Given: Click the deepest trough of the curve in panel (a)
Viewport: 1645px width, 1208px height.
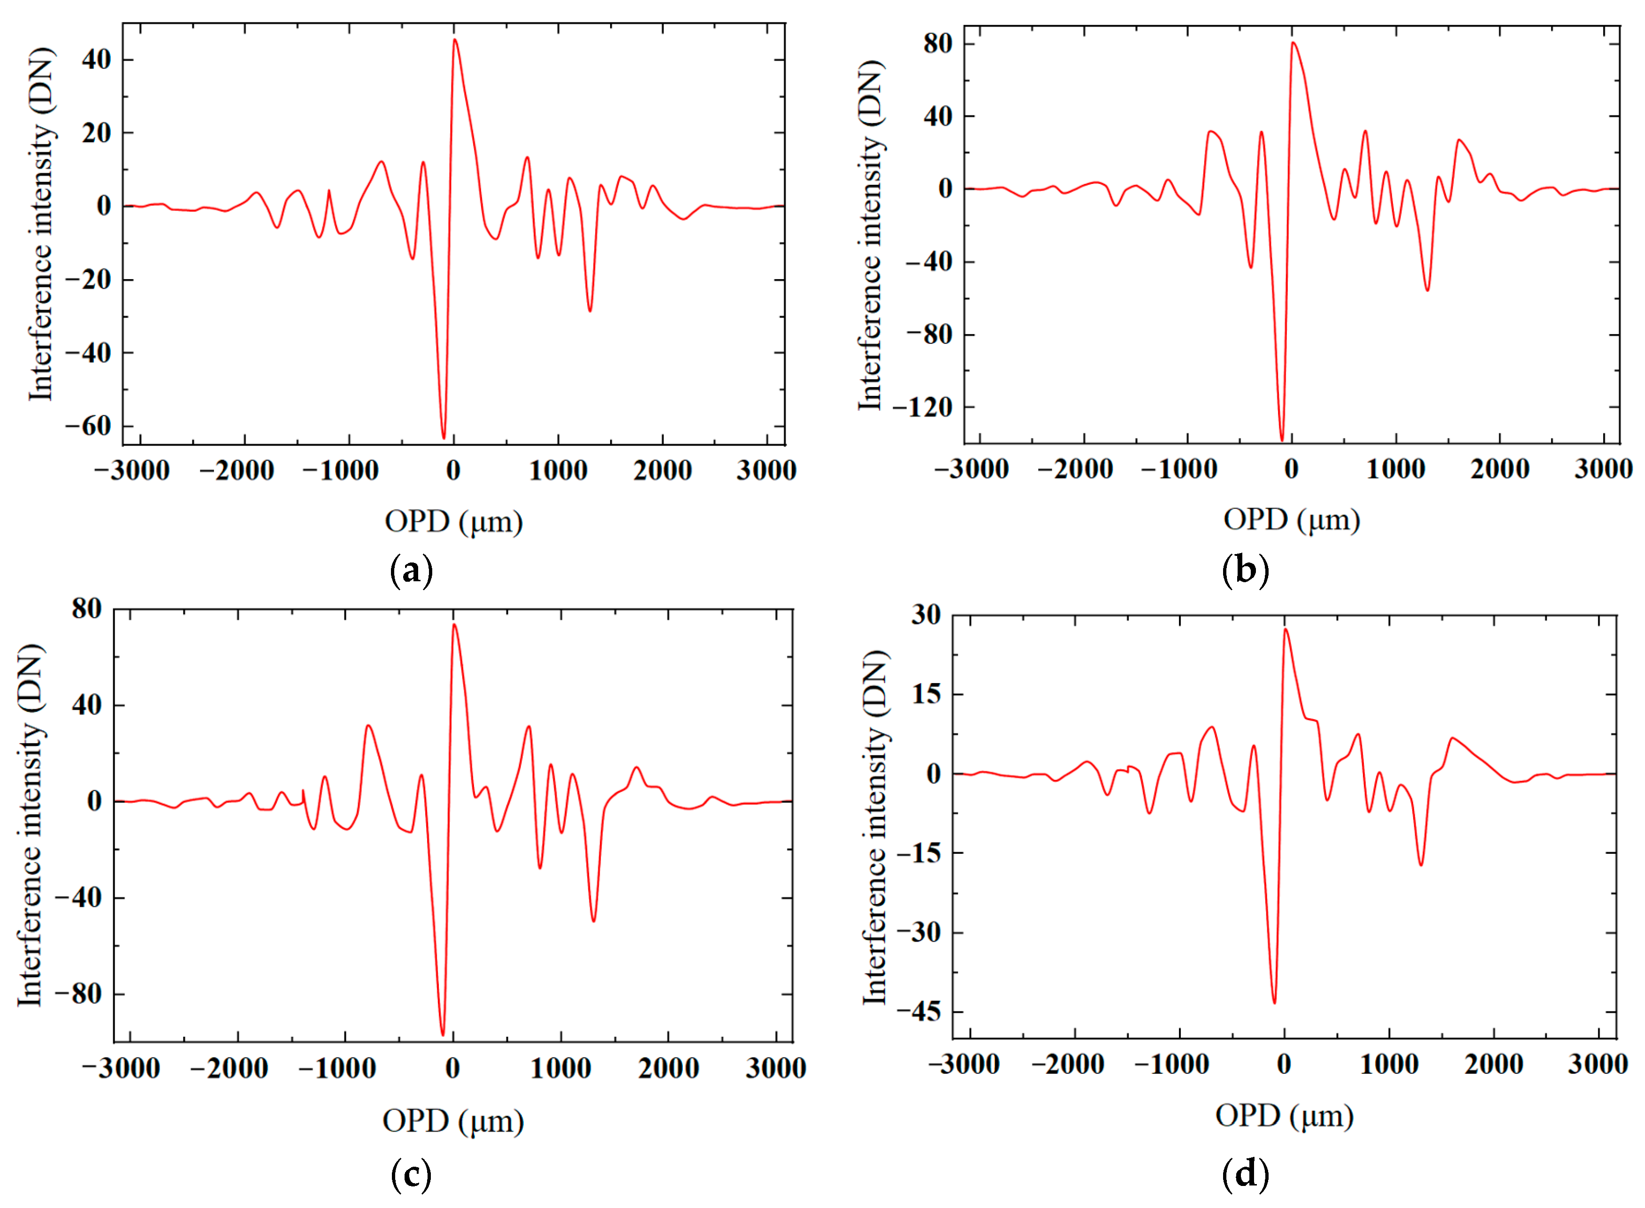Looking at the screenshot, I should coord(443,437).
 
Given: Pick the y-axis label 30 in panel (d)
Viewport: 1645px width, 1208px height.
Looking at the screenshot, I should coord(926,615).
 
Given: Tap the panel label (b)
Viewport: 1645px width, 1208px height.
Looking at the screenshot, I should coord(1246,570).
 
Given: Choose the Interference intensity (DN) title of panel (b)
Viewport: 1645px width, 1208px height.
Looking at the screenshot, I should coord(871,236).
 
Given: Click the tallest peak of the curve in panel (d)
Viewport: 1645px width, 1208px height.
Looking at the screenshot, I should coord(1285,630).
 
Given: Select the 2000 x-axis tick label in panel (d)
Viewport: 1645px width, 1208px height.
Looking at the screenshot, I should coord(1493,1064).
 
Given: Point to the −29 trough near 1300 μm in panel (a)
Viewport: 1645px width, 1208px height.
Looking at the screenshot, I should coord(589,311).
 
